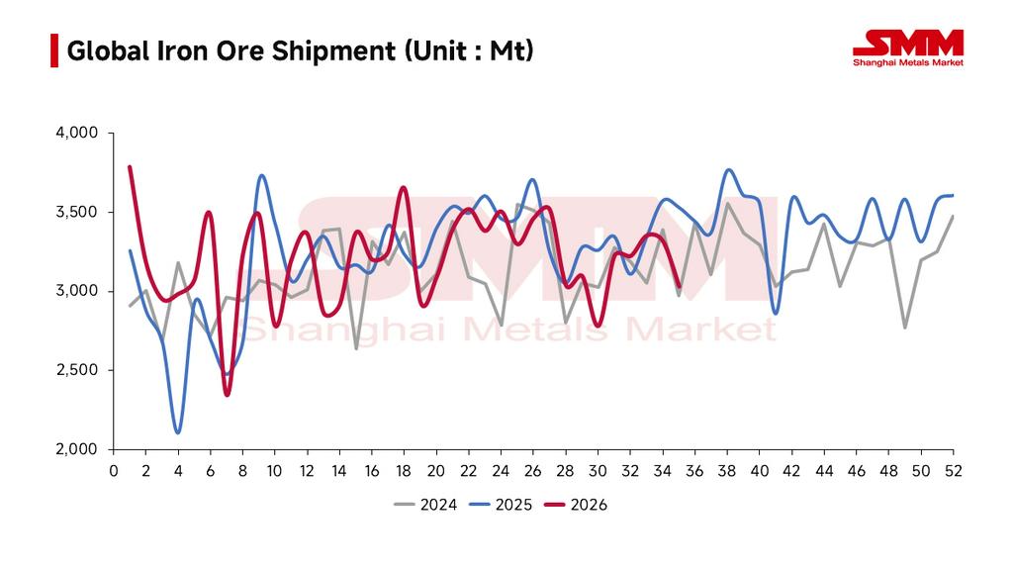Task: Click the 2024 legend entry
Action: (425, 505)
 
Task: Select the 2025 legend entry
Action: (501, 505)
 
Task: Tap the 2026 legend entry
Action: (576, 505)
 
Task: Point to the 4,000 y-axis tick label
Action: (77, 134)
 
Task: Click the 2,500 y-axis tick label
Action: (77, 370)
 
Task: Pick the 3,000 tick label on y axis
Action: (77, 292)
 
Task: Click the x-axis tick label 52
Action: (954, 471)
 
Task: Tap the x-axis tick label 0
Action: (114, 471)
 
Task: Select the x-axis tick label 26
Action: (533, 471)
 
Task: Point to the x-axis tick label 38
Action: (727, 471)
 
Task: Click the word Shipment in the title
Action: (333, 51)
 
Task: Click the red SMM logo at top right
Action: (908, 47)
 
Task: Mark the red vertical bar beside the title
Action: (54, 50)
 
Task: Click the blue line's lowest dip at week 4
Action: (178, 432)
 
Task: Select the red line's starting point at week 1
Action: (130, 166)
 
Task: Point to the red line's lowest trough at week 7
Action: (227, 395)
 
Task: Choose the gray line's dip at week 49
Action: (905, 328)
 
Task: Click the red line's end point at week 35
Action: (679, 286)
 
